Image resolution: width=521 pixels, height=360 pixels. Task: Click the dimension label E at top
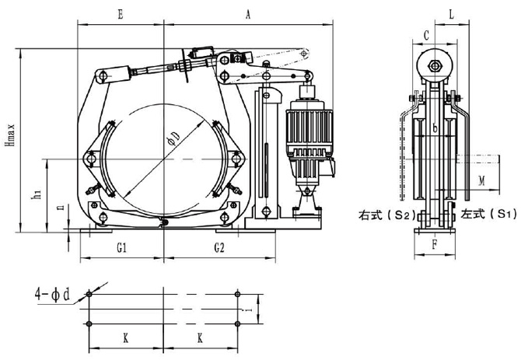tap(120, 13)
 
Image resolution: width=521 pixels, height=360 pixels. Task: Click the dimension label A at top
tap(247, 13)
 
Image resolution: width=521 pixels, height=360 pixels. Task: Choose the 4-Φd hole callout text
tap(52, 295)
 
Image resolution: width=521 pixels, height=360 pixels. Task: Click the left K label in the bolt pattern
tap(126, 339)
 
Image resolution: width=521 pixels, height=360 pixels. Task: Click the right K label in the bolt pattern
tap(200, 339)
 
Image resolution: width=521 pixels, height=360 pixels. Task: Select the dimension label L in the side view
tap(452, 13)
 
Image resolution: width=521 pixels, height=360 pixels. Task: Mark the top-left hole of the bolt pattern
tap(90, 295)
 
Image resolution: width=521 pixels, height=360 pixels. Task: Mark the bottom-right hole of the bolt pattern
tap(238, 323)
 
